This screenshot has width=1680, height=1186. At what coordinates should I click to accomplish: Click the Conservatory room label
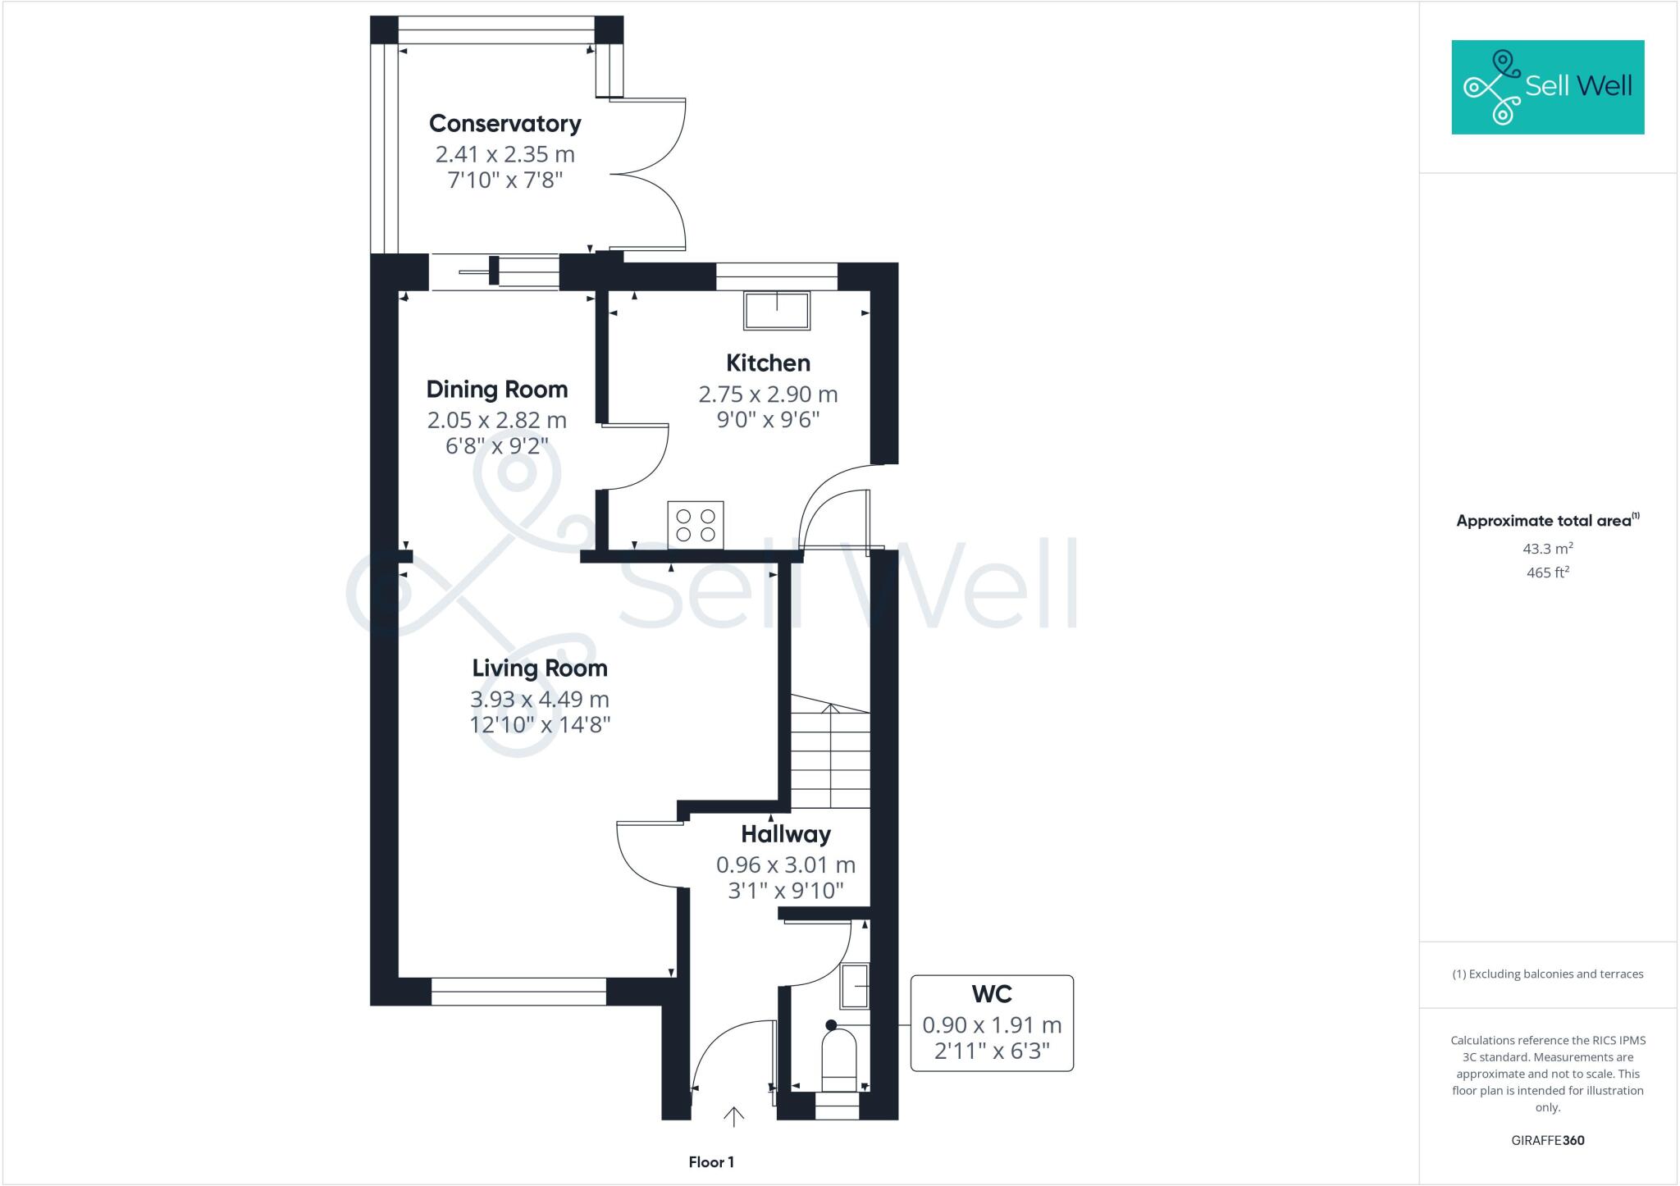504,124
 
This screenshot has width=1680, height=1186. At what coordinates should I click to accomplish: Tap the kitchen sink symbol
776,311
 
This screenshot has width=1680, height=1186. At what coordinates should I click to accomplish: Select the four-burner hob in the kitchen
695,524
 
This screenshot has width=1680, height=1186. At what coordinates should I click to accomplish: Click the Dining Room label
496,390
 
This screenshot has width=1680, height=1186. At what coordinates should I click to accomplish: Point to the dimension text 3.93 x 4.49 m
539,700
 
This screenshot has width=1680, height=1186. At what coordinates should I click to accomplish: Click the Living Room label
539,668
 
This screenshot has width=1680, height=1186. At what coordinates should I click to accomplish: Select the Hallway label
785,835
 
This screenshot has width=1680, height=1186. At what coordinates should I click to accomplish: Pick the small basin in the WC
854,986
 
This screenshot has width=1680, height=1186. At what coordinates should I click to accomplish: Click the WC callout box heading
991,994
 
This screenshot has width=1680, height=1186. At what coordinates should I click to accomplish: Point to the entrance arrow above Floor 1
733,1117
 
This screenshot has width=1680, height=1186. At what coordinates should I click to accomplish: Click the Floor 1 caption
710,1162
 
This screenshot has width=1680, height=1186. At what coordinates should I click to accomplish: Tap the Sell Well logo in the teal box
1547,87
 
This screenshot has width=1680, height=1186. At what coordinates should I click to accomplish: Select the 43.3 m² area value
1547,549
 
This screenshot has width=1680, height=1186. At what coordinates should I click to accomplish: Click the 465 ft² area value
1547,572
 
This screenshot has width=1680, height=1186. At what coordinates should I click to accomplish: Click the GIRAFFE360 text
1547,1140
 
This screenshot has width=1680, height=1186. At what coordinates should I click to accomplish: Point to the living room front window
518,991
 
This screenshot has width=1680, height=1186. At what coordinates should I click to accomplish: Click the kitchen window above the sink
776,276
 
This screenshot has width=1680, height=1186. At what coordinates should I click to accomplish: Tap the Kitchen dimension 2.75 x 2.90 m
768,395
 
